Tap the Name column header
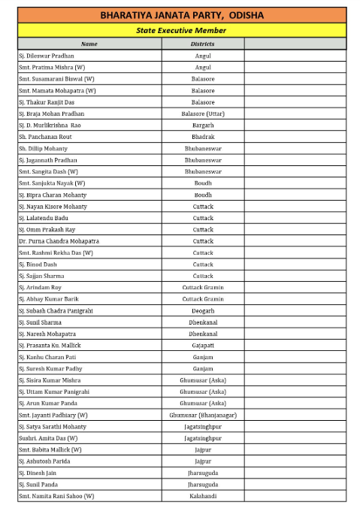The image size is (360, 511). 89,44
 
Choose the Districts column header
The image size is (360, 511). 203,44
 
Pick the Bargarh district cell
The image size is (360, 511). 203,125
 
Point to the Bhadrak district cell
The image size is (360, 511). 203,137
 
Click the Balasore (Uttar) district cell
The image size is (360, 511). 203,113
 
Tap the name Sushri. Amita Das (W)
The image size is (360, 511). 48,437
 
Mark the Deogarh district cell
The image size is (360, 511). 203,310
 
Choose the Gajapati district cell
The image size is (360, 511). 203,345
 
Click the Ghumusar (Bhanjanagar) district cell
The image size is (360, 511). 203,415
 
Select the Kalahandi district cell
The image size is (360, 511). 203,496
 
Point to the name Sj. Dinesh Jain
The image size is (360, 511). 41,473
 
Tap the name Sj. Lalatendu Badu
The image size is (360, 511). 46,218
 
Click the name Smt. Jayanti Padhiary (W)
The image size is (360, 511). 53,415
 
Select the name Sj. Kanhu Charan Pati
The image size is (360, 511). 48,357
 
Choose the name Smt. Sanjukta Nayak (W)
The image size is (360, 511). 52,183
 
